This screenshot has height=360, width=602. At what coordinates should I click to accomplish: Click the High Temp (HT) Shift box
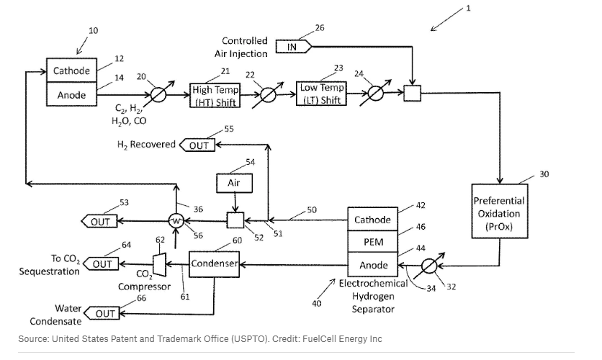215,95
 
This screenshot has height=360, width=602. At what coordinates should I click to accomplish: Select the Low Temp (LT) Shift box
321,94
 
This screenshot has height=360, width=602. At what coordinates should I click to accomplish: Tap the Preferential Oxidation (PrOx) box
498,213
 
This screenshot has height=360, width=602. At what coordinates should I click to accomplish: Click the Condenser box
214,264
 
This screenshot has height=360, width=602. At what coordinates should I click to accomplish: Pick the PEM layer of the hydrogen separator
372,242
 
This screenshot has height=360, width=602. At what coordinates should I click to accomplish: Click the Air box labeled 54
234,183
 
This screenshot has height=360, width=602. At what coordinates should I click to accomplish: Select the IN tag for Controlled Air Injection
294,47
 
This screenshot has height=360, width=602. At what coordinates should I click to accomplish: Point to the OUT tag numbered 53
100,221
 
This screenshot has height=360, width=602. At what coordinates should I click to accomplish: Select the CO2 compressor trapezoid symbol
159,264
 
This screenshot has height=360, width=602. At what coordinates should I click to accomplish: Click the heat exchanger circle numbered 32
430,265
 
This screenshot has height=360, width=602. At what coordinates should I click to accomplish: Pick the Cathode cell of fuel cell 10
71,71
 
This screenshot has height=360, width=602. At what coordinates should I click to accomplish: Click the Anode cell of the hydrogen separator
372,265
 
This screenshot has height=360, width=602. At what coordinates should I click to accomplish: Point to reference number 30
544,174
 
